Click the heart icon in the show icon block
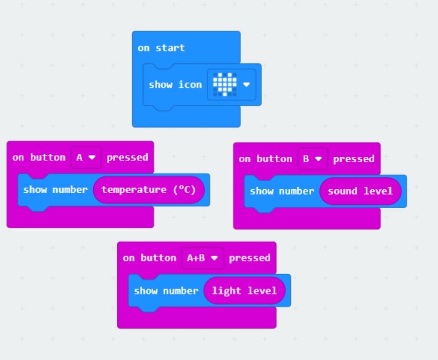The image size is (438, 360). (224, 84)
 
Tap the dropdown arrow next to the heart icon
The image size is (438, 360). (246, 84)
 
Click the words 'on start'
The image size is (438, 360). (161, 48)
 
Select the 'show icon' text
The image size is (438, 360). (175, 84)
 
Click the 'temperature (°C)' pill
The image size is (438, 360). (149, 190)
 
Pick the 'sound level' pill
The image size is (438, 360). (360, 191)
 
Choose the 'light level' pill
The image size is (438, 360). (244, 291)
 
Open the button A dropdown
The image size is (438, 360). (86, 157)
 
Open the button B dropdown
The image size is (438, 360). (312, 159)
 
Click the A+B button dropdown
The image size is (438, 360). (203, 258)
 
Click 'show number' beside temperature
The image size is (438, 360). (55, 190)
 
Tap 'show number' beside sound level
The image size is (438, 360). (282, 191)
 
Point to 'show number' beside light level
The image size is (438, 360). (166, 291)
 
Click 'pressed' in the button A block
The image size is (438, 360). (127, 157)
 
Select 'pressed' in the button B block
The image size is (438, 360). (354, 159)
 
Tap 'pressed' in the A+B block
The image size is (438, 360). (249, 258)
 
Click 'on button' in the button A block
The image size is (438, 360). (39, 157)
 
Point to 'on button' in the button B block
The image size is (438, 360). (265, 159)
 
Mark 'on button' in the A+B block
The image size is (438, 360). (150, 258)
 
